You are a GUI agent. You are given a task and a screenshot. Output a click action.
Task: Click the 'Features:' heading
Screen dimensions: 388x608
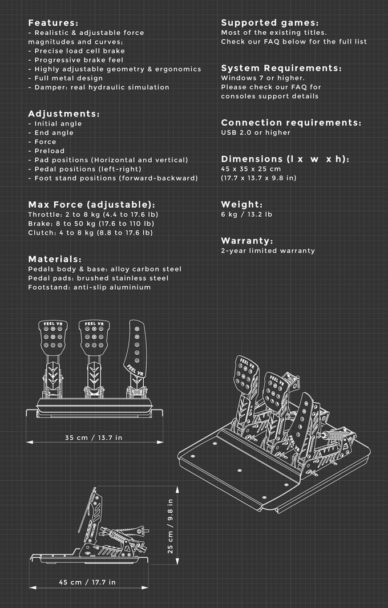53,23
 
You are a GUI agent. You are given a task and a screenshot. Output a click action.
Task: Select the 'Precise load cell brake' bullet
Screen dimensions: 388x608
76,51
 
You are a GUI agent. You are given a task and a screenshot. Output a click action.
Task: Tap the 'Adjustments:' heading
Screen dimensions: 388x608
64,114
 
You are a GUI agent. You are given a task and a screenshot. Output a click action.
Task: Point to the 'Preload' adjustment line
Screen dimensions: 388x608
46,151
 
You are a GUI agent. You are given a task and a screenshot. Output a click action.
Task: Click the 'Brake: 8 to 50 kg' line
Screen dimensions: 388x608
91,224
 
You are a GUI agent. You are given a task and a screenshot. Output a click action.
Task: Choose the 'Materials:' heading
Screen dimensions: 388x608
55,259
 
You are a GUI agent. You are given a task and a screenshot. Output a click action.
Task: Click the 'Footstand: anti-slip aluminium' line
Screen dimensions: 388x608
89,287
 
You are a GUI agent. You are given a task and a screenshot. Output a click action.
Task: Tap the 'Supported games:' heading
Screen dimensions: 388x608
270,23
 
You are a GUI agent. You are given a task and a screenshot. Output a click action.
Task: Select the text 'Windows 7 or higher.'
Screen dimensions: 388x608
263,78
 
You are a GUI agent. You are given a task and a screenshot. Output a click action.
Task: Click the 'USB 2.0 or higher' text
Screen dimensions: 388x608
256,133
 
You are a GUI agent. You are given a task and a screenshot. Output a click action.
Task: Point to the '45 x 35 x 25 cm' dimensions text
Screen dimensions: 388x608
251,169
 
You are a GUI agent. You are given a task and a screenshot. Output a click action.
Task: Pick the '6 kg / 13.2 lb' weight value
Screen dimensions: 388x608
246,214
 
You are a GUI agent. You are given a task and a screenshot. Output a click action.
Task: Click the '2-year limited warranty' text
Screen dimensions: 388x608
268,251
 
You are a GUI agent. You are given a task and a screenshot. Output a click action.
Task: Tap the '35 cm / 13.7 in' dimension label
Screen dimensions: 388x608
94,438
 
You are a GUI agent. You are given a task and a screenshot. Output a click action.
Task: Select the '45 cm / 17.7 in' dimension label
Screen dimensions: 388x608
87,582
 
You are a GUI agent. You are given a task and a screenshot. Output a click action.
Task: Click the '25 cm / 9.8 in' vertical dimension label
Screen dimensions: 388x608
171,526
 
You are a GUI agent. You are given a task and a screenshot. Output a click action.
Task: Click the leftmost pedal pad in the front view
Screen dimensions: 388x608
52,337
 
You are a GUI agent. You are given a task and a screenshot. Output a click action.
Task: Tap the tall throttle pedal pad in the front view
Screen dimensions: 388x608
136,348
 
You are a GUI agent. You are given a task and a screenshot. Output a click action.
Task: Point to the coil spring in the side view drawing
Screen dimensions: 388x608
117,536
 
